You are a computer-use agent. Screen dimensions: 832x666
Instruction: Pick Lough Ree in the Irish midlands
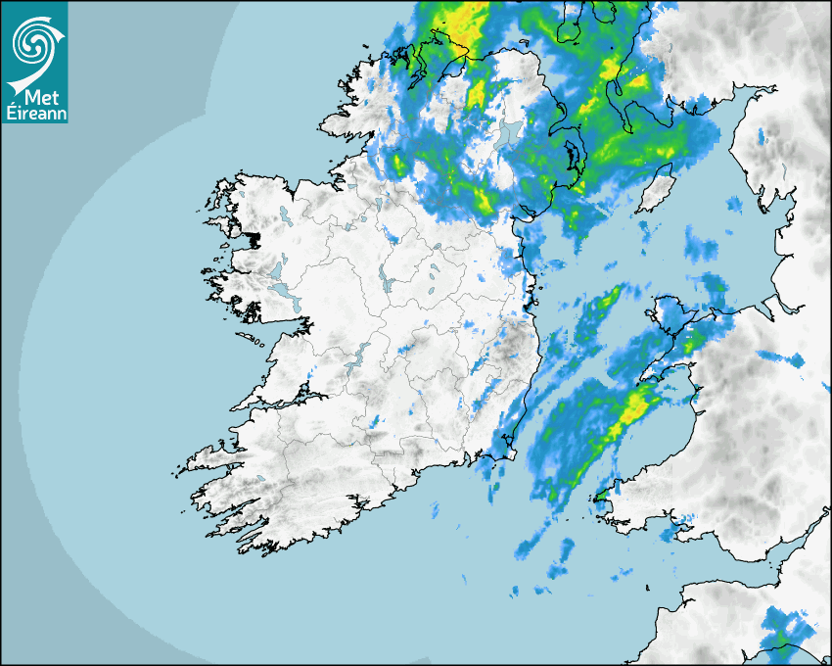pos(386,278)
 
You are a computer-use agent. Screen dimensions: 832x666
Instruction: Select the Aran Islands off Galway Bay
pos(251,341)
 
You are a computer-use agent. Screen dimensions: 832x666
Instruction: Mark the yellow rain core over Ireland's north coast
pos(460,29)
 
